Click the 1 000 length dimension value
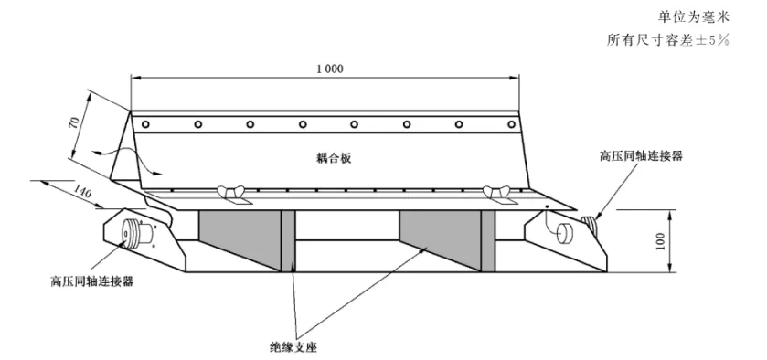click(330, 69)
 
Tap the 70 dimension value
click(74, 122)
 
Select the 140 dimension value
click(81, 191)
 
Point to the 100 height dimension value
click(660, 241)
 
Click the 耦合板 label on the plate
click(334, 158)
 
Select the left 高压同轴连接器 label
click(92, 281)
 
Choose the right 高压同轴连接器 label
click(641, 156)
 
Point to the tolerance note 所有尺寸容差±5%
click(668, 40)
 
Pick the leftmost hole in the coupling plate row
click(145, 124)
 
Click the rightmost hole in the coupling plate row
click(511, 124)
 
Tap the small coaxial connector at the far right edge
click(590, 225)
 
